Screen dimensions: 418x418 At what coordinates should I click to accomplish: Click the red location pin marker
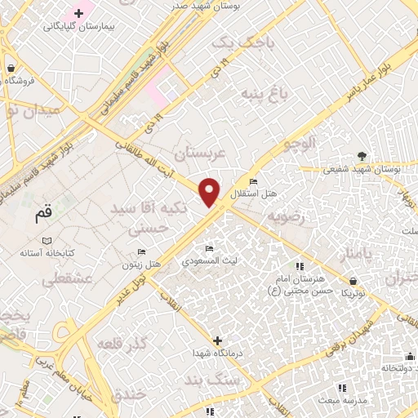pyautogui.click(x=210, y=192)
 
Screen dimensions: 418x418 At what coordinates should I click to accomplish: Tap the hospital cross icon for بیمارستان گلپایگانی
pyautogui.click(x=78, y=13)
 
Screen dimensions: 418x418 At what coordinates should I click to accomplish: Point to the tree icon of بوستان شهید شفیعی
pyautogui.click(x=361, y=157)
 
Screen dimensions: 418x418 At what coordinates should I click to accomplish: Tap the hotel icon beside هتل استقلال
pyautogui.click(x=253, y=181)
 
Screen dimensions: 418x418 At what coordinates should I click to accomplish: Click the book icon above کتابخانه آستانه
pyautogui.click(x=46, y=241)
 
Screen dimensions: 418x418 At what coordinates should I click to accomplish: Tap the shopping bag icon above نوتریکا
pyautogui.click(x=352, y=280)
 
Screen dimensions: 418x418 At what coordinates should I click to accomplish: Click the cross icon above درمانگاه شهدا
pyautogui.click(x=217, y=340)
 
